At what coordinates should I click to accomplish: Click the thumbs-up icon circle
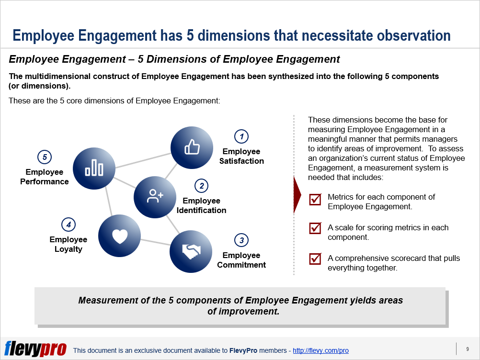(x=192, y=147)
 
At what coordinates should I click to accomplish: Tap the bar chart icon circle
(x=94, y=169)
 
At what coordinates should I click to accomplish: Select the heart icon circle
(x=119, y=236)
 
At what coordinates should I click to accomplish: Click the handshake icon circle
(x=191, y=251)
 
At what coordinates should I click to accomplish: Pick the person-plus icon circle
(x=155, y=197)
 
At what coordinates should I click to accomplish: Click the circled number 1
(x=241, y=136)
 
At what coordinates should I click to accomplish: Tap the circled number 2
(x=201, y=186)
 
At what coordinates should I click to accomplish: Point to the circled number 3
(x=241, y=240)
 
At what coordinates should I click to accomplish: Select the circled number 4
(x=69, y=225)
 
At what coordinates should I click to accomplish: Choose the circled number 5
(x=45, y=157)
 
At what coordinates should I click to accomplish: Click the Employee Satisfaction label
(x=241, y=156)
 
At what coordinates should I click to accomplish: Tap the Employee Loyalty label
(x=69, y=244)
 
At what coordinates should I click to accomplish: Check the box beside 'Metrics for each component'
(x=315, y=200)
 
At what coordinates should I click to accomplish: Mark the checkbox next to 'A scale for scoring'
(x=315, y=228)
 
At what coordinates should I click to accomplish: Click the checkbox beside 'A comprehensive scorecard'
(x=315, y=259)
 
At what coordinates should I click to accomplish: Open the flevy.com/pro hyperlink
(x=320, y=350)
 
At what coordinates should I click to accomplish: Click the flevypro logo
(x=35, y=349)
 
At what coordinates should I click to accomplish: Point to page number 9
(x=468, y=349)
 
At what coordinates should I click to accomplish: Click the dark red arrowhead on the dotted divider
(x=297, y=195)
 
